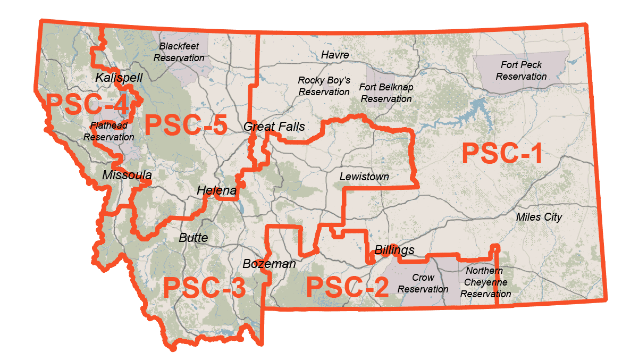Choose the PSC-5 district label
pyautogui.click(x=186, y=125)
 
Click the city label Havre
pyautogui.click(x=335, y=55)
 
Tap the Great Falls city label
pyautogui.click(x=274, y=127)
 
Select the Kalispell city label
pyautogui.click(x=119, y=78)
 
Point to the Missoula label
pyautogui.click(x=127, y=175)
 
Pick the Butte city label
pyautogui.click(x=194, y=238)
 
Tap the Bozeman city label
pyautogui.click(x=270, y=264)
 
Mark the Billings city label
pyautogui.click(x=394, y=250)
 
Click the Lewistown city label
pyautogui.click(x=364, y=177)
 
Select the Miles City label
pyautogui.click(x=539, y=217)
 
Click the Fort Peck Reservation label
pyautogui.click(x=521, y=71)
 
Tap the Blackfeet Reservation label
pyautogui.click(x=179, y=52)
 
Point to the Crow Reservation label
pyautogui.click(x=423, y=283)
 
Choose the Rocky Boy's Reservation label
pyautogui.click(x=324, y=86)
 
